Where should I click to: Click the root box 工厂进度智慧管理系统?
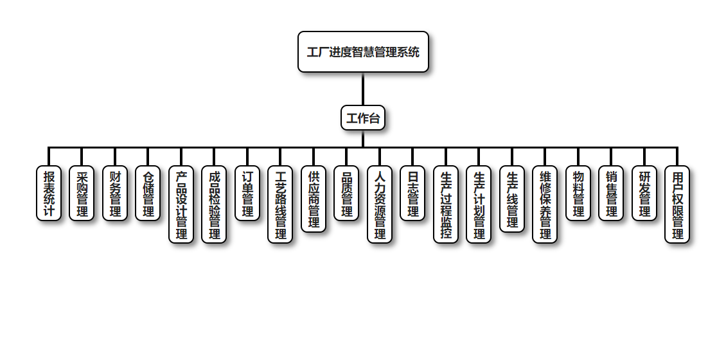[x=363, y=52]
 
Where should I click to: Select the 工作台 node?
[x=363, y=118]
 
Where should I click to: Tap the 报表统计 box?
[x=49, y=194]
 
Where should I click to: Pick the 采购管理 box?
[x=82, y=194]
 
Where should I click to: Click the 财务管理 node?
[x=115, y=194]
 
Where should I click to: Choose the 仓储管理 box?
[x=148, y=194]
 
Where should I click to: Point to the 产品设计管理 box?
[x=181, y=204]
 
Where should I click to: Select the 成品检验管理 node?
[x=214, y=204]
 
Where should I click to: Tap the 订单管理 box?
[x=247, y=194]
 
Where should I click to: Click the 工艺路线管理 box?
[x=280, y=204]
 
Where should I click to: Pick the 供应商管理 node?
[x=314, y=199]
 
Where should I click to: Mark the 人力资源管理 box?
[x=380, y=204]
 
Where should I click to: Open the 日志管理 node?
[x=412, y=194]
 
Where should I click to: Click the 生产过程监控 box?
[x=446, y=204]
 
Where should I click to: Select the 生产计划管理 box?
[x=479, y=204]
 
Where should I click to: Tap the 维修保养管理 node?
[x=545, y=204]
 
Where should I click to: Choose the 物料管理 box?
[x=578, y=194]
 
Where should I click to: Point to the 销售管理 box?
[x=611, y=194]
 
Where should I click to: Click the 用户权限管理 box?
[x=677, y=204]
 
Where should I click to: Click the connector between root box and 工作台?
[x=363, y=89]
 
